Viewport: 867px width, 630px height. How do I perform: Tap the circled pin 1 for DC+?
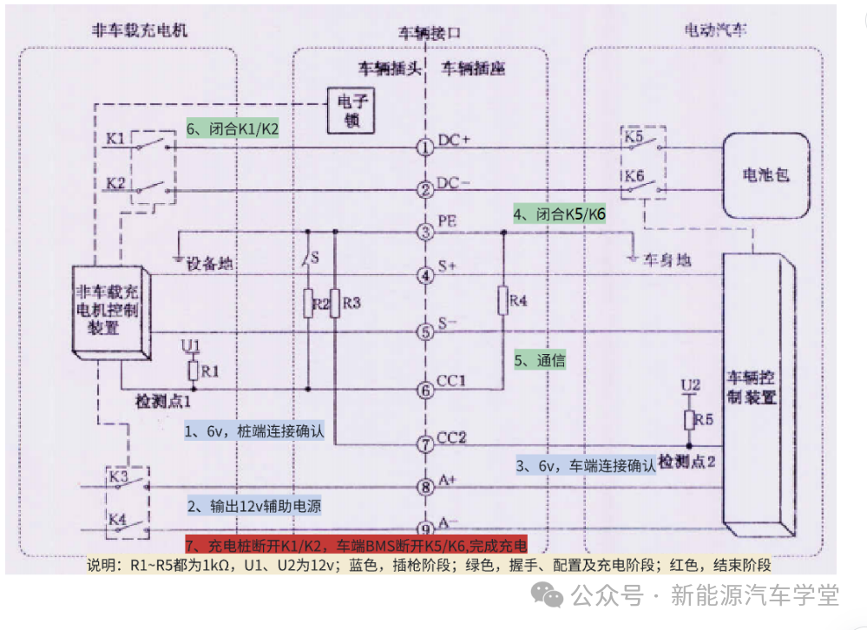click(425, 148)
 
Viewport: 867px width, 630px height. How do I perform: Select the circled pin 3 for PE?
click(425, 232)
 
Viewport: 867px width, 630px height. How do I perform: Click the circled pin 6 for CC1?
click(425, 390)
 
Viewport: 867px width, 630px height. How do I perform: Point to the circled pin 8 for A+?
click(425, 487)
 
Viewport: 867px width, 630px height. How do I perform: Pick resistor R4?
click(502, 300)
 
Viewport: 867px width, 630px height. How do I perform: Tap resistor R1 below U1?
click(193, 371)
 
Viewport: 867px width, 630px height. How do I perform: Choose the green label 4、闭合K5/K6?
click(558, 213)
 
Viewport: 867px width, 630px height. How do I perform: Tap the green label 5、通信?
click(540, 360)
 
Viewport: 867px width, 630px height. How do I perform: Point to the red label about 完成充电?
click(356, 546)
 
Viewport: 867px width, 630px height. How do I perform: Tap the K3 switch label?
click(116, 477)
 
